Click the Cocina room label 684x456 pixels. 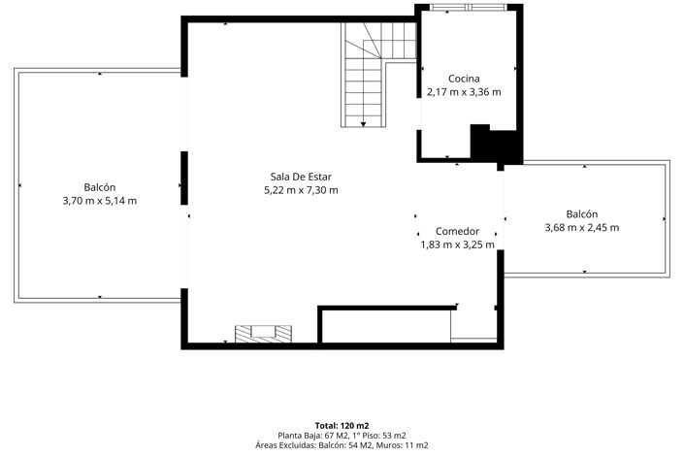point(464,79)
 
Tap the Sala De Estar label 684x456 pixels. point(301,177)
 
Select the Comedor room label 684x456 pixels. point(457,231)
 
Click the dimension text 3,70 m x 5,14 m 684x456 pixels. point(100,201)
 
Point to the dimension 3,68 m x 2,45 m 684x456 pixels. point(582,227)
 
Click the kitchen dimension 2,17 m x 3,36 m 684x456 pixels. point(464,92)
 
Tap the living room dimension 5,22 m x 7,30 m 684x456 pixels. point(301,190)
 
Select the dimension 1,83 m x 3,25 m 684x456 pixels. point(457,244)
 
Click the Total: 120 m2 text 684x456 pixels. point(342,426)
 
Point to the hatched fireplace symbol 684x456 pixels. point(263,334)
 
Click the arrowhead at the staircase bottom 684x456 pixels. point(363,125)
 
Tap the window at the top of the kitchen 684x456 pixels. point(469,7)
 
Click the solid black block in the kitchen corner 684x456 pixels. point(497,145)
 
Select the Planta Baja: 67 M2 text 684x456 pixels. point(312,436)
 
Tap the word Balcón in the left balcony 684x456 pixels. point(100,187)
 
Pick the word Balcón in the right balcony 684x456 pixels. point(582,213)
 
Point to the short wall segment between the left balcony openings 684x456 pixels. point(184,179)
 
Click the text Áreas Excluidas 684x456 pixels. point(285,445)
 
